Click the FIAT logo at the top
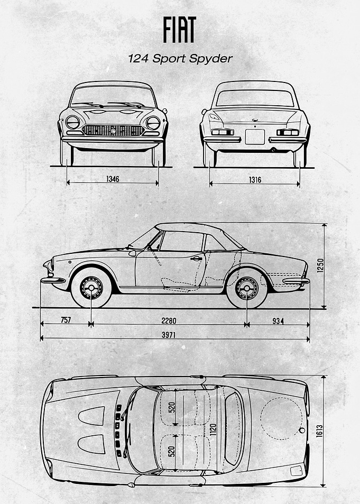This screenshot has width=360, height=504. (x=179, y=30)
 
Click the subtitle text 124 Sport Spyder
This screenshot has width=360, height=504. (x=180, y=59)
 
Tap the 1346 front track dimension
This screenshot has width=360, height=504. (x=113, y=179)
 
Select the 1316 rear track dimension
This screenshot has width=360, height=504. (x=255, y=180)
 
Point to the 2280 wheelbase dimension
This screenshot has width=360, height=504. (x=169, y=321)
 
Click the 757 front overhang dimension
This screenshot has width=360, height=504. (x=66, y=320)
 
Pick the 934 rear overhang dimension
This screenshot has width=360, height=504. (x=278, y=321)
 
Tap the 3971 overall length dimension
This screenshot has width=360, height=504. (x=169, y=335)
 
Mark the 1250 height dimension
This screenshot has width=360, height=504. (x=320, y=265)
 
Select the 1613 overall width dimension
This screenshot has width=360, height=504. (x=319, y=430)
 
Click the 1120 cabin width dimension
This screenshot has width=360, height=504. (x=213, y=430)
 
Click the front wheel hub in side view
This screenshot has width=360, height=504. (x=91, y=287)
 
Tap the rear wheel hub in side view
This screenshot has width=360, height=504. (x=246, y=288)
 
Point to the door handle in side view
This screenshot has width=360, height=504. (x=196, y=259)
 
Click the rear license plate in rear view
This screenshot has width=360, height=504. (x=255, y=137)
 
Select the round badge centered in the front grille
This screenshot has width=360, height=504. (x=113, y=131)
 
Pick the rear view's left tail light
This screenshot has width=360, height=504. (x=223, y=132)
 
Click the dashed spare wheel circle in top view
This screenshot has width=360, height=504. (x=281, y=418)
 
